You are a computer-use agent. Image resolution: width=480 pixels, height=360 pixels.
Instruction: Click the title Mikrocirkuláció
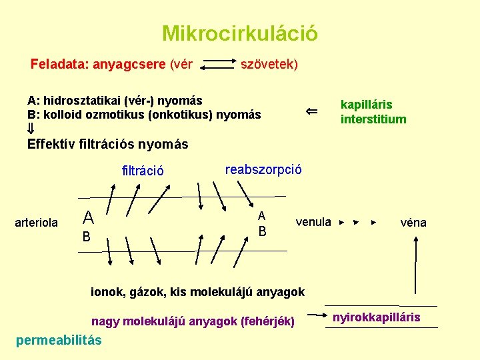239,33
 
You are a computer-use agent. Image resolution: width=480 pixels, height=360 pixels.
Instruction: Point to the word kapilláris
366,105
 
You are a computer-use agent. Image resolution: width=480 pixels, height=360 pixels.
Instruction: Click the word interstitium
373,119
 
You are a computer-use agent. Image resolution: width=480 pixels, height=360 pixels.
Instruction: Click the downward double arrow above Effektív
31,129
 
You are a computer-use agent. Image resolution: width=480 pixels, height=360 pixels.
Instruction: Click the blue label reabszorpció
263,169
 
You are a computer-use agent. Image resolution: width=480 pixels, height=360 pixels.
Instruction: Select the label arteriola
36,223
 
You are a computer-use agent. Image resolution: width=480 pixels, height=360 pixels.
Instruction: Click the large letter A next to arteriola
87,217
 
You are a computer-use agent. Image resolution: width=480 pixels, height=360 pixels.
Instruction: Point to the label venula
313,222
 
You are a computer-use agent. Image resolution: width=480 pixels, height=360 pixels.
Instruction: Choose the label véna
413,223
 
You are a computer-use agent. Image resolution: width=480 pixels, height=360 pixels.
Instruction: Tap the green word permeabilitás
58,340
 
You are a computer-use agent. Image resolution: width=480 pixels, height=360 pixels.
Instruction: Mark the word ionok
107,291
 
